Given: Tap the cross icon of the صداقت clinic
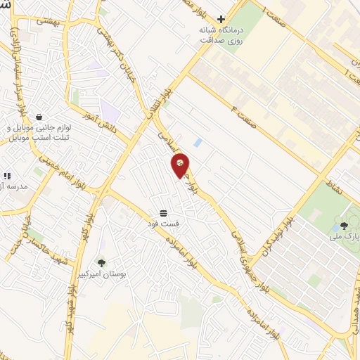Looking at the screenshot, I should (x=221, y=19).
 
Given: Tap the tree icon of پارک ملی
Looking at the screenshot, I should (x=343, y=226).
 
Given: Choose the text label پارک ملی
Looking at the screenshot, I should (x=344, y=238).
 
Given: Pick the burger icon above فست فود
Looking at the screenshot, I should (x=163, y=212).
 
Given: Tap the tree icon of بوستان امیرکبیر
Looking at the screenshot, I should (x=101, y=262).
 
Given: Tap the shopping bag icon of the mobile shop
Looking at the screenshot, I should (x=38, y=117).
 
